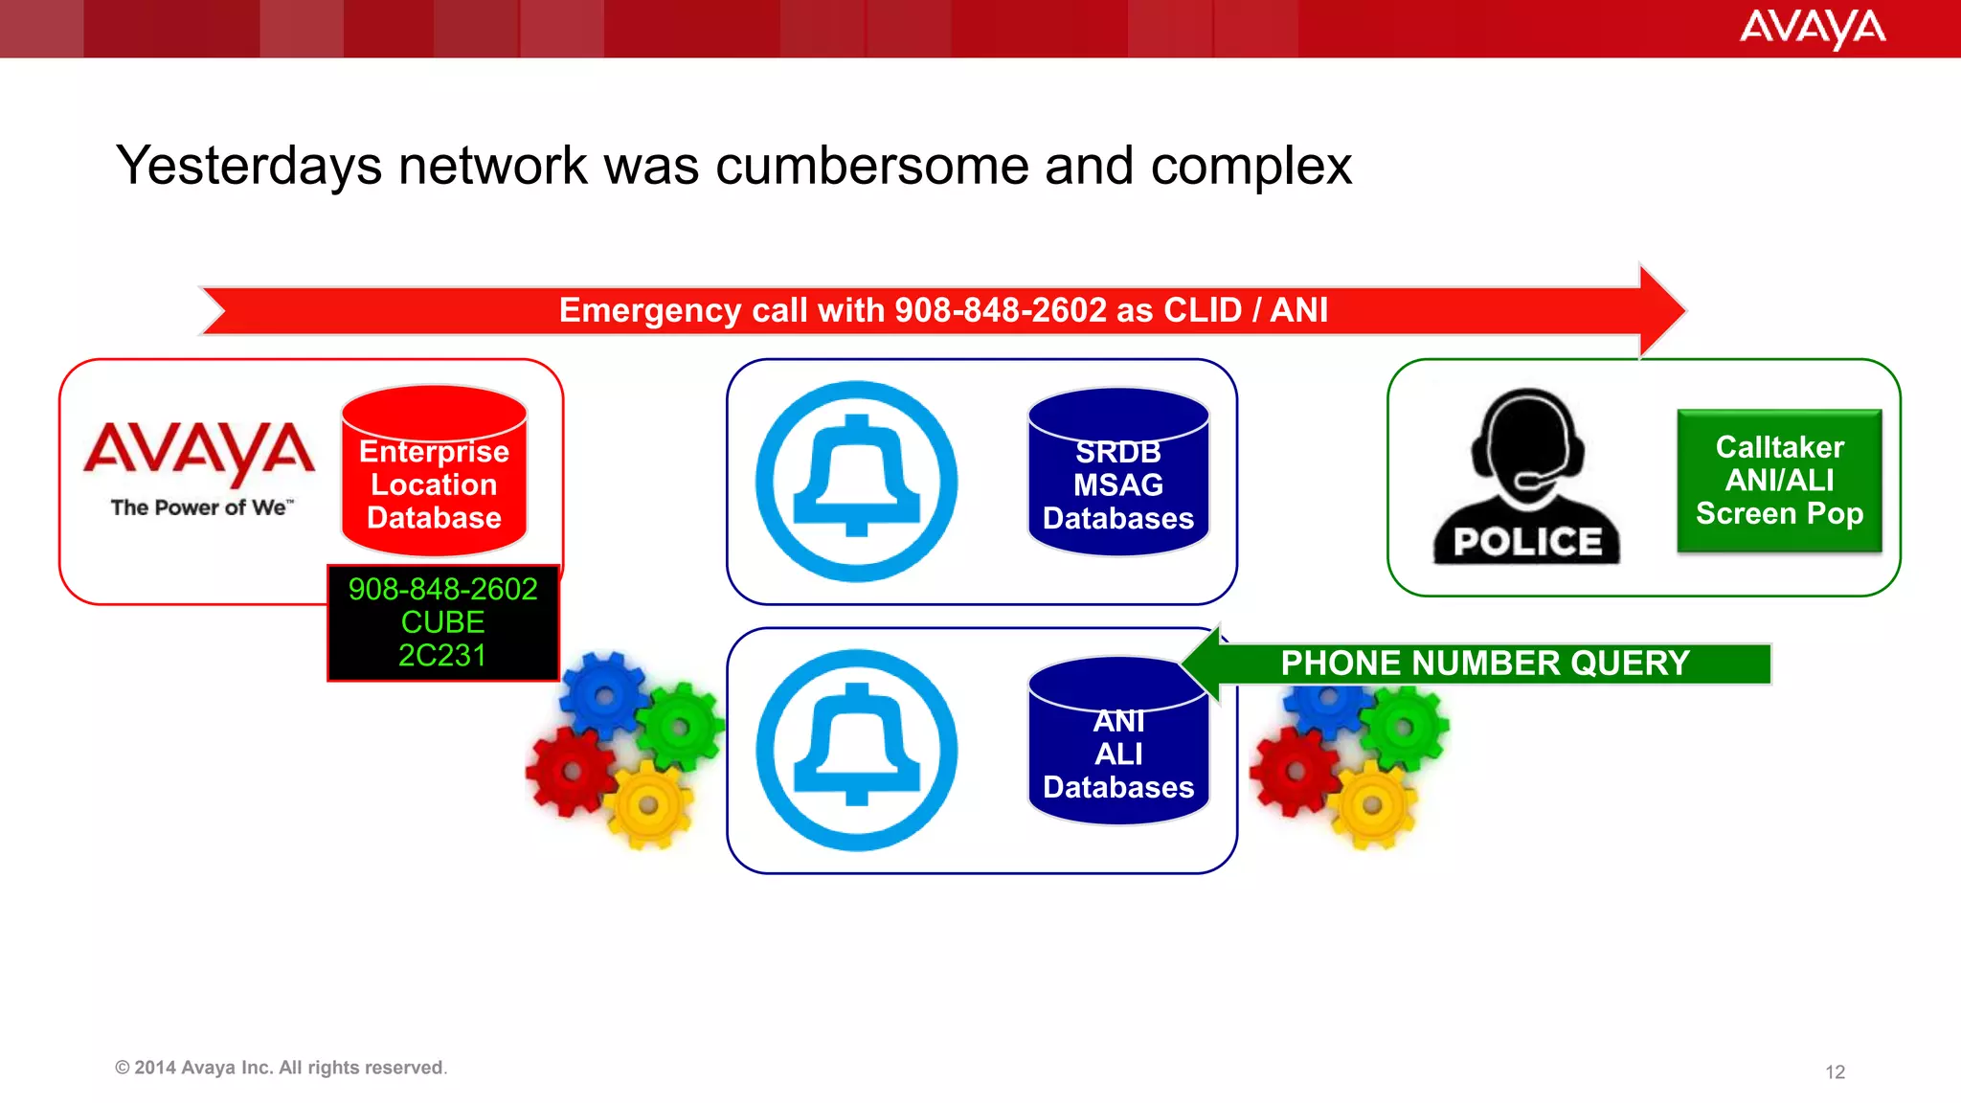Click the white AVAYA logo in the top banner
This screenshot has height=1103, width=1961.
(1812, 28)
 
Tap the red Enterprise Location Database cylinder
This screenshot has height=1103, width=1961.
(434, 471)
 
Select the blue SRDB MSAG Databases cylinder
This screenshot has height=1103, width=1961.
(1117, 473)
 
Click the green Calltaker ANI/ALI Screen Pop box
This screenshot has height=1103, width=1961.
(1779, 481)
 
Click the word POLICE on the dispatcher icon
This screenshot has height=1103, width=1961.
(1527, 542)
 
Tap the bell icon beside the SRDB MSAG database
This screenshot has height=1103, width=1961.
(856, 481)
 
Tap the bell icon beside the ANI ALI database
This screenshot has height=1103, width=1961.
(856, 750)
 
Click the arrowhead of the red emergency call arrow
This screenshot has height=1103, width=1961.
(1661, 310)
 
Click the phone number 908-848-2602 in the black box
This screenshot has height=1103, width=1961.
(442, 589)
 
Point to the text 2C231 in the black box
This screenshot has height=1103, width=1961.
(442, 655)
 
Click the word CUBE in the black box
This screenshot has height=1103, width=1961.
(442, 622)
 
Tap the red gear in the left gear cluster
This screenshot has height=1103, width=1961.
(571, 772)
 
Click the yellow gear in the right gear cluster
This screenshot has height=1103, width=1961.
(1372, 804)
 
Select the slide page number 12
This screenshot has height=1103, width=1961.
(1835, 1072)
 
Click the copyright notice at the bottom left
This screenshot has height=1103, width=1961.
(281, 1068)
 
